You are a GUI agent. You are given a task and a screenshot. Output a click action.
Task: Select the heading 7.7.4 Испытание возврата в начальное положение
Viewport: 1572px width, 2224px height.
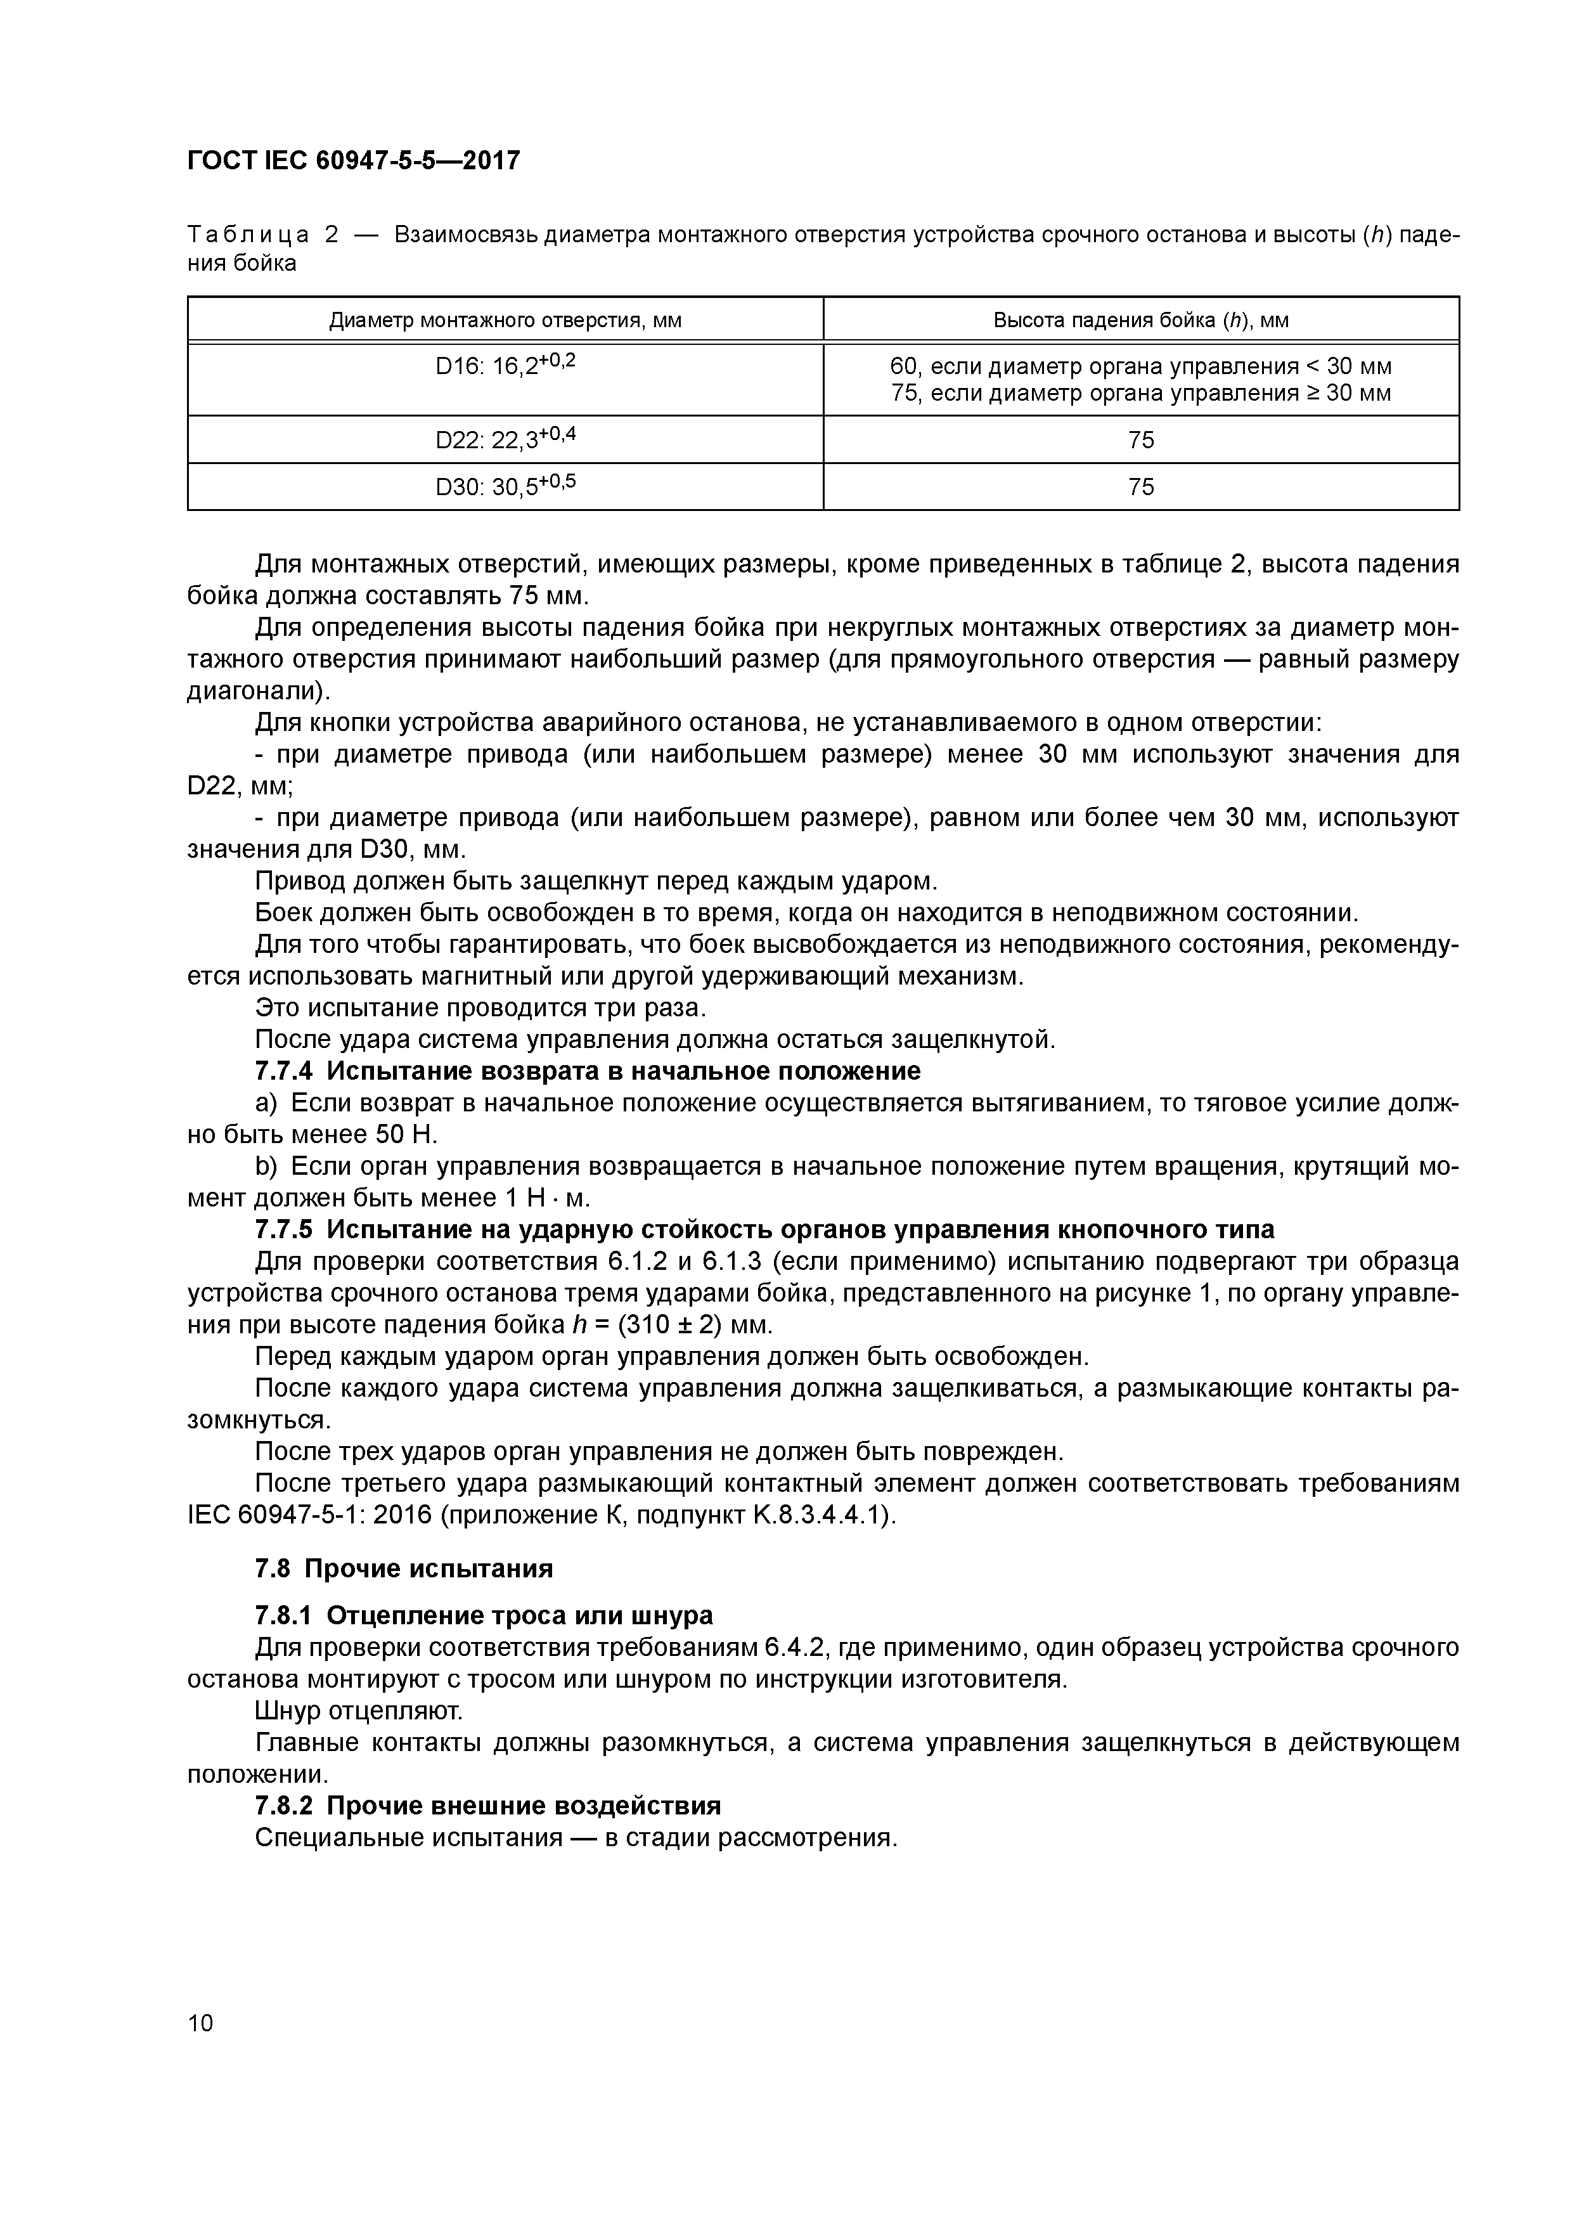[587, 1071]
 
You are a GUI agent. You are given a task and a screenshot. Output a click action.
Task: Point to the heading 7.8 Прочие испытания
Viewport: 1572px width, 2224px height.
[404, 1568]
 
